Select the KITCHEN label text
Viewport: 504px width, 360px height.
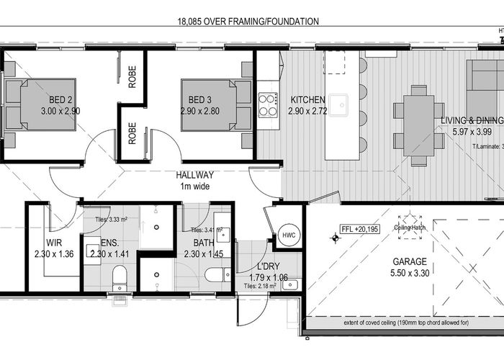(308, 99)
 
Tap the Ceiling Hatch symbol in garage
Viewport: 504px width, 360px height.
(412, 220)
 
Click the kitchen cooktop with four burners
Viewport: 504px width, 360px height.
(268, 104)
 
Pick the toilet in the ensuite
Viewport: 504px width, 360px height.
(120, 275)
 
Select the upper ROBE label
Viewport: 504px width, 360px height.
(132, 77)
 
